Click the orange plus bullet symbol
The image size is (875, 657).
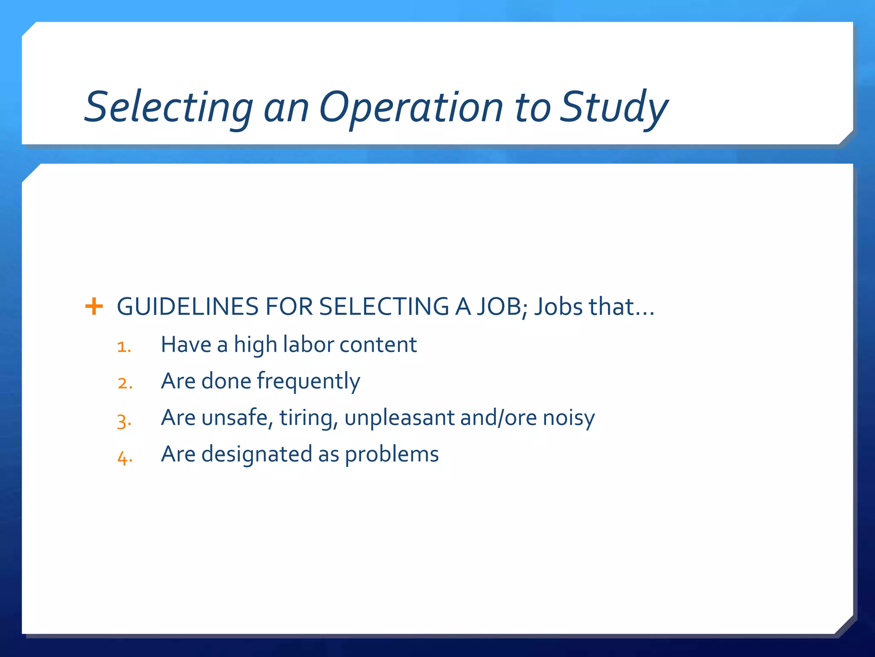tap(94, 307)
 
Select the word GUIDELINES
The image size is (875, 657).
tap(188, 307)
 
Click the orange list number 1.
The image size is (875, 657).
tap(124, 346)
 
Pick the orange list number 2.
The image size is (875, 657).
tap(125, 383)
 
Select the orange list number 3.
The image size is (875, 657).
tap(124, 420)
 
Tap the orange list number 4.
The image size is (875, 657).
tap(125, 457)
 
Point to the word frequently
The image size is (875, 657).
tap(308, 381)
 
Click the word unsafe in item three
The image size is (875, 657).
tap(238, 417)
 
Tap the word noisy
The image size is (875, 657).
tap(569, 418)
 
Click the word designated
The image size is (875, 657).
tap(257, 454)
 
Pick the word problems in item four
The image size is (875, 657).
tap(392, 455)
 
